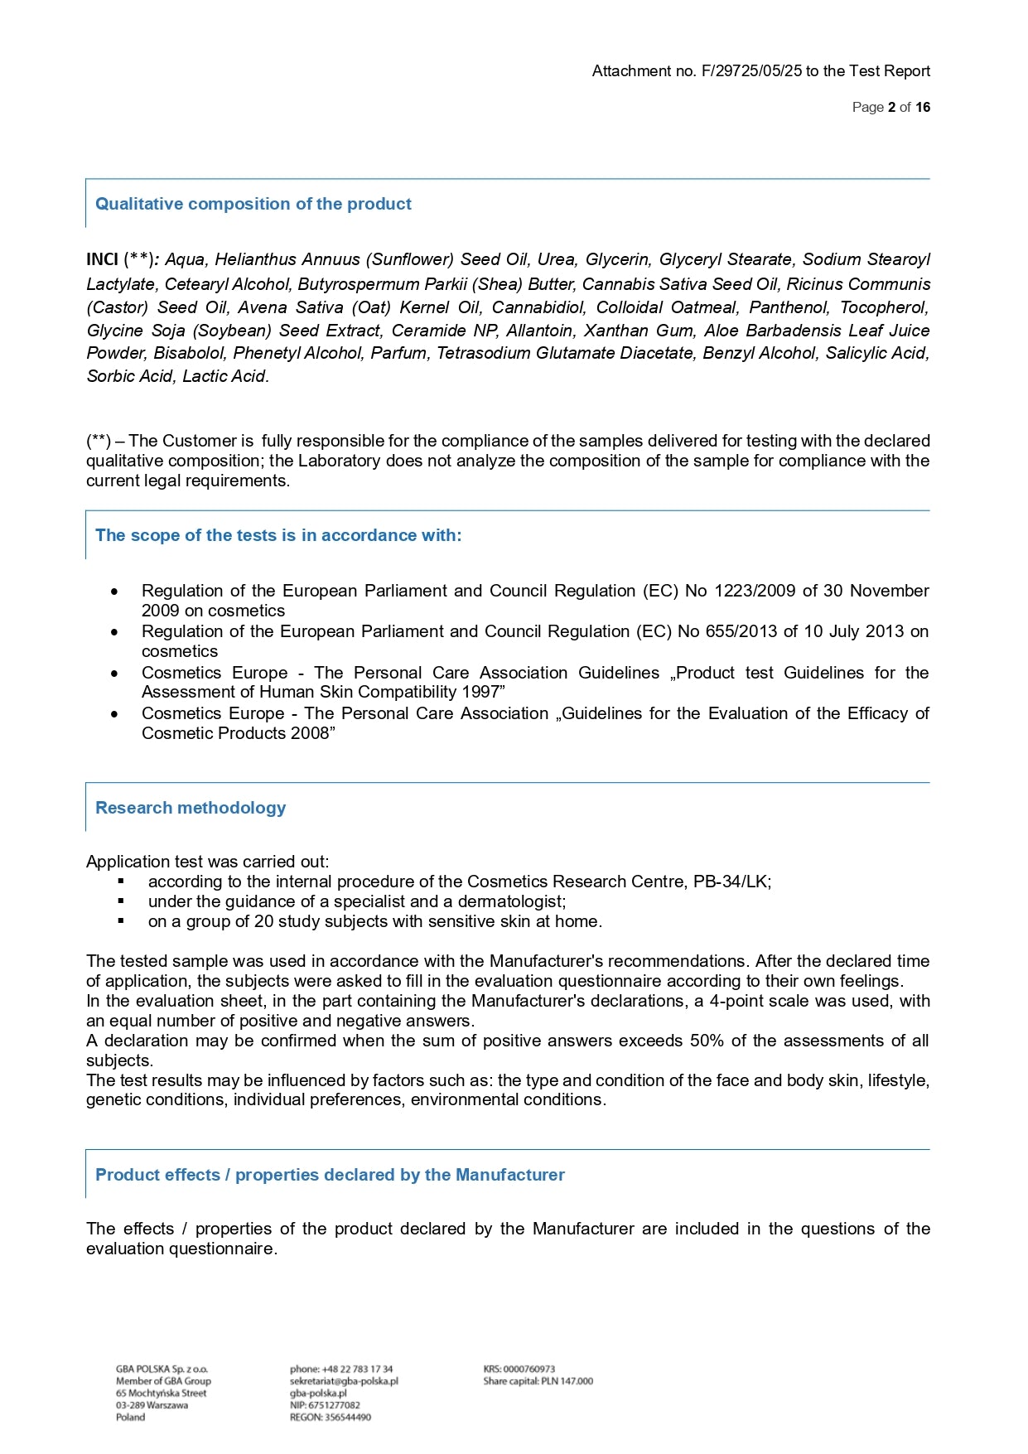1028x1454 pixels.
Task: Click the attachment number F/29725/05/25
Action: point(751,71)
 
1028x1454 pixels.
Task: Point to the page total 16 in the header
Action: point(923,107)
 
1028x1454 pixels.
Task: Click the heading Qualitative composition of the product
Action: point(253,204)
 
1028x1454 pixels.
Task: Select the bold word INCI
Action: point(102,259)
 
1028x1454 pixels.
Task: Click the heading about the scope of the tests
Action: point(278,535)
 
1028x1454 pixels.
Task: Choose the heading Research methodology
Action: point(191,808)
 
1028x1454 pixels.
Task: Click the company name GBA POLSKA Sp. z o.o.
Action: point(162,1369)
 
